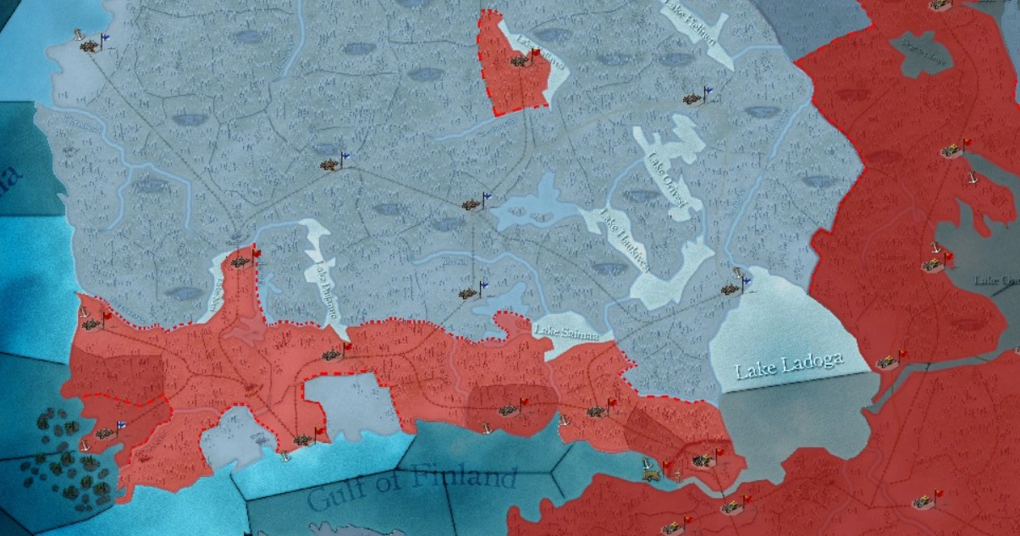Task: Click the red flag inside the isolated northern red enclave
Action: pyautogui.click(x=534, y=54)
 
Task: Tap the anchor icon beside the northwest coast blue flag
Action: pyautogui.click(x=79, y=35)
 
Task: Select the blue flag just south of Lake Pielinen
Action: pyautogui.click(x=708, y=94)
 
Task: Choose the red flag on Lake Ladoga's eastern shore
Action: pyautogui.click(x=902, y=356)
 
